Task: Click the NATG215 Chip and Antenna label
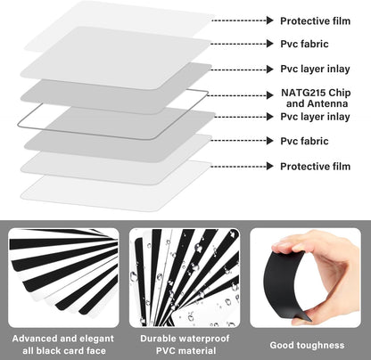(316, 98)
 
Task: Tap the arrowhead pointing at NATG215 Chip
(270, 95)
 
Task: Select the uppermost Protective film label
(316, 20)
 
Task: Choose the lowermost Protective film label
(316, 167)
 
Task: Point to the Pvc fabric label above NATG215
(304, 44)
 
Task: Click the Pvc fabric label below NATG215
(304, 141)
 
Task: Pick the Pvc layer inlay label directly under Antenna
(315, 117)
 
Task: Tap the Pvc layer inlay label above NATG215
(315, 69)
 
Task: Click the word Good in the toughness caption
(282, 345)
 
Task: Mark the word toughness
(320, 346)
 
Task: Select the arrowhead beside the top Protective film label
(270, 20)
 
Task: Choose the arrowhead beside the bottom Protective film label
(270, 166)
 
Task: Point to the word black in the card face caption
(49, 351)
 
